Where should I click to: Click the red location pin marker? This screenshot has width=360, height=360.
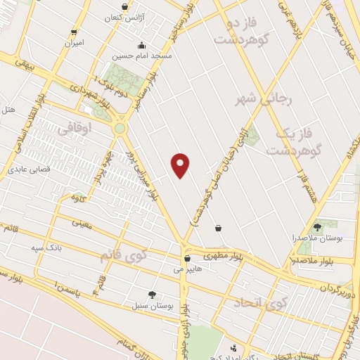point(181,165)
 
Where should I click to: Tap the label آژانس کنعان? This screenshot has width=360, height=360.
point(124,16)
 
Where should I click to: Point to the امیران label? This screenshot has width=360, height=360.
point(74,42)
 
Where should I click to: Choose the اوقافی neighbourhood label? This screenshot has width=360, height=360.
point(75,130)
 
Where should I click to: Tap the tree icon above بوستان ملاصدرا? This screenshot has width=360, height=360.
point(318,226)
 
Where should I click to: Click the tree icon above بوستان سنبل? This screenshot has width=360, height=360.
point(152,295)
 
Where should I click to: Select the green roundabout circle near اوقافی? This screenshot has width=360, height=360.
point(120,128)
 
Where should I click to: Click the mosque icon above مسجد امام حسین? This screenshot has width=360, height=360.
point(143,44)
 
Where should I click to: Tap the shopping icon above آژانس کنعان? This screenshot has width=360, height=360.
point(124,6)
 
